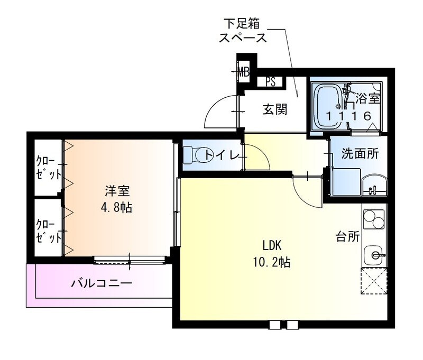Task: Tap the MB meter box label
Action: tap(243, 70)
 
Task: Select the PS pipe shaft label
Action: tap(271, 82)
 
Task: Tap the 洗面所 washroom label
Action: tap(360, 154)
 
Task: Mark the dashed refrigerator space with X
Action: tap(375, 281)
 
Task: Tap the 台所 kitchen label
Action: tap(347, 236)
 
